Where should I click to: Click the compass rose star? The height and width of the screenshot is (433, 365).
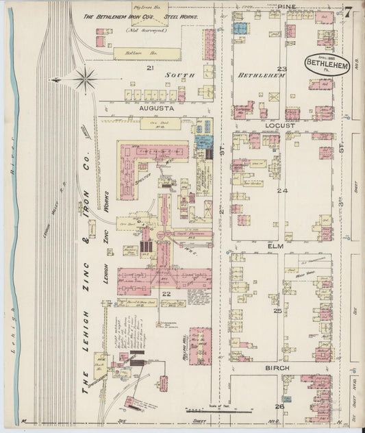click(x=84, y=78)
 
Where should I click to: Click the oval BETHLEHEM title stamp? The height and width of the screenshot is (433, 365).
click(x=327, y=64)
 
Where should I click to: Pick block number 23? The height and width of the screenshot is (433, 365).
click(x=282, y=69)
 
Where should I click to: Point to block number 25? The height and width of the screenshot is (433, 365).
click(x=278, y=311)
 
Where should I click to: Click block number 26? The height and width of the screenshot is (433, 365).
click(x=279, y=406)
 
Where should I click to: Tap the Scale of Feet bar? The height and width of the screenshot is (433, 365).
click(x=212, y=412)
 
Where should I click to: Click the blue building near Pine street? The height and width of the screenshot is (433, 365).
click(x=240, y=28)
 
